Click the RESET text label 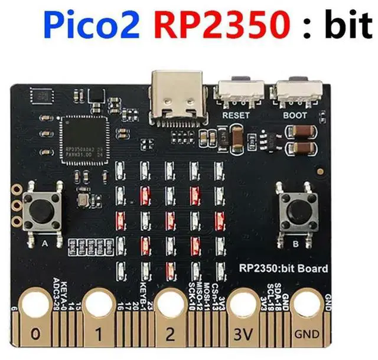point(236,115)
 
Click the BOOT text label point(295,115)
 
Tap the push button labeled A point(44,210)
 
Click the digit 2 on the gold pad point(170,335)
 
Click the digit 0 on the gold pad point(35,335)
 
